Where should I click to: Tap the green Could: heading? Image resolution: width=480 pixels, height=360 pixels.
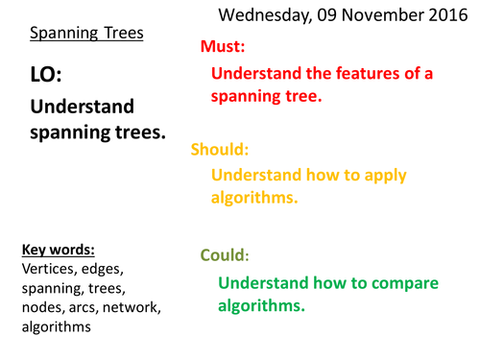click(225, 256)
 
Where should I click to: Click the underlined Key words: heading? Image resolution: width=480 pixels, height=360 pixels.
click(59, 252)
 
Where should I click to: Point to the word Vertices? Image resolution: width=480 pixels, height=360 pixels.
click(52, 270)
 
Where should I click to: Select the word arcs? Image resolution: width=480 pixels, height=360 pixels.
click(96, 308)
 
